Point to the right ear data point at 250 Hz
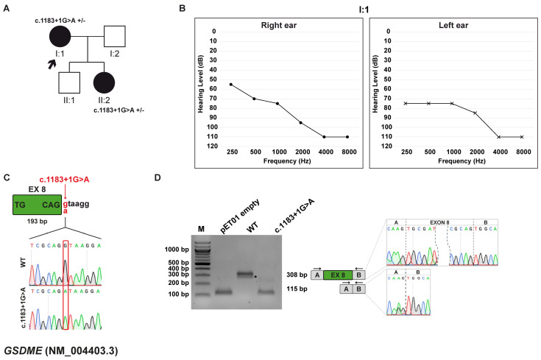click(230, 85)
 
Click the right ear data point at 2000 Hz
click(300, 122)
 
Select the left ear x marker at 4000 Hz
click(498, 137)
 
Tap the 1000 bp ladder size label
click(167, 248)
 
